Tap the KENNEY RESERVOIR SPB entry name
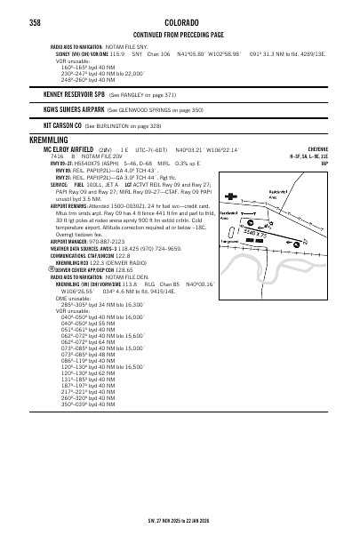(75, 93)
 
